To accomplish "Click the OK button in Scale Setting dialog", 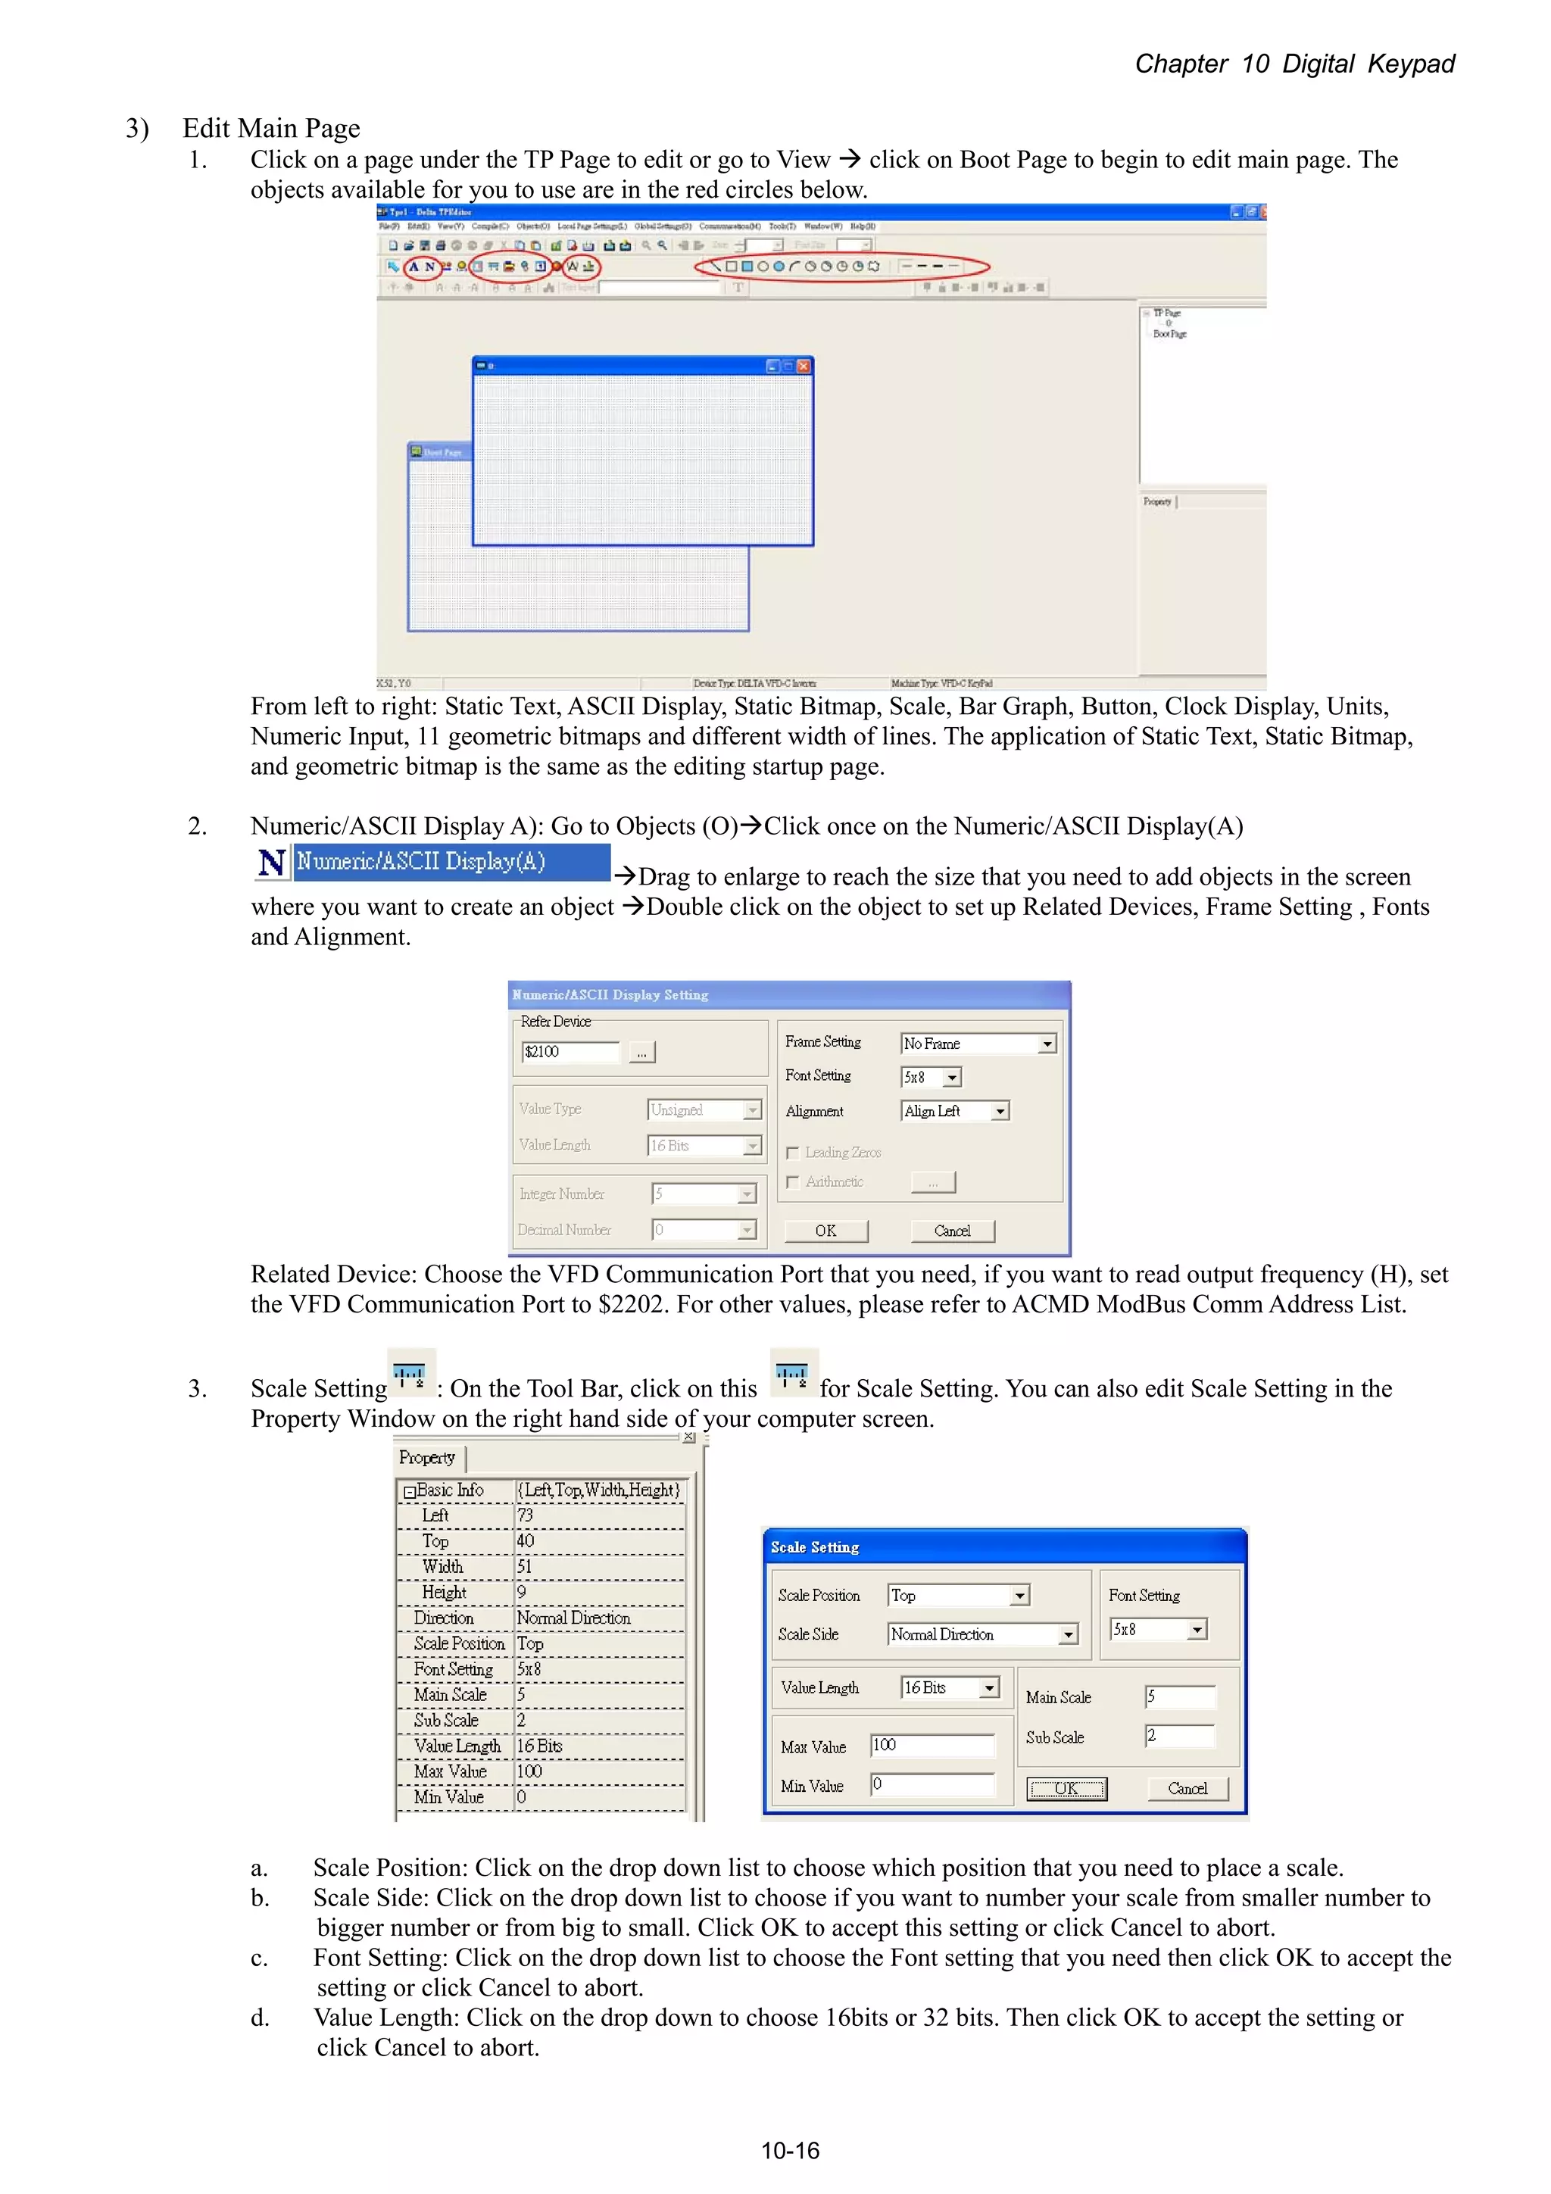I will pyautogui.click(x=1066, y=1789).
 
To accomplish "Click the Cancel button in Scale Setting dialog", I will pyautogui.click(x=1187, y=1789).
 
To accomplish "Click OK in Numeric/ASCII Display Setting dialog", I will pyautogui.click(x=825, y=1231).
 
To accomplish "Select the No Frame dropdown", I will pyautogui.click(x=978, y=1044).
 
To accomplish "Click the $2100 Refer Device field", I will pyautogui.click(x=570, y=1052).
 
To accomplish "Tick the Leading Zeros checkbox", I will pyautogui.click(x=792, y=1153).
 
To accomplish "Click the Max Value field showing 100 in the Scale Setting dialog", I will pyautogui.click(x=932, y=1746).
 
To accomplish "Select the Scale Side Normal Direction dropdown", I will pyautogui.click(x=981, y=1635).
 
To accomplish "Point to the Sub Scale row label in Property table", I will pyautogui.click(x=446, y=1720).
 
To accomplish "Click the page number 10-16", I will pyautogui.click(x=789, y=2151).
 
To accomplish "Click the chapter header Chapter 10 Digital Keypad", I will pyautogui.click(x=1294, y=64).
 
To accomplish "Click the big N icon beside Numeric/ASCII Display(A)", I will pyautogui.click(x=271, y=863).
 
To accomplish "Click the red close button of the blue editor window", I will pyautogui.click(x=804, y=366).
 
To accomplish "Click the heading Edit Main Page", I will pyautogui.click(x=271, y=128).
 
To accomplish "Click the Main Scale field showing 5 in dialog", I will pyautogui.click(x=1180, y=1697).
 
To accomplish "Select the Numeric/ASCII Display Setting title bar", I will pyautogui.click(x=788, y=994).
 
